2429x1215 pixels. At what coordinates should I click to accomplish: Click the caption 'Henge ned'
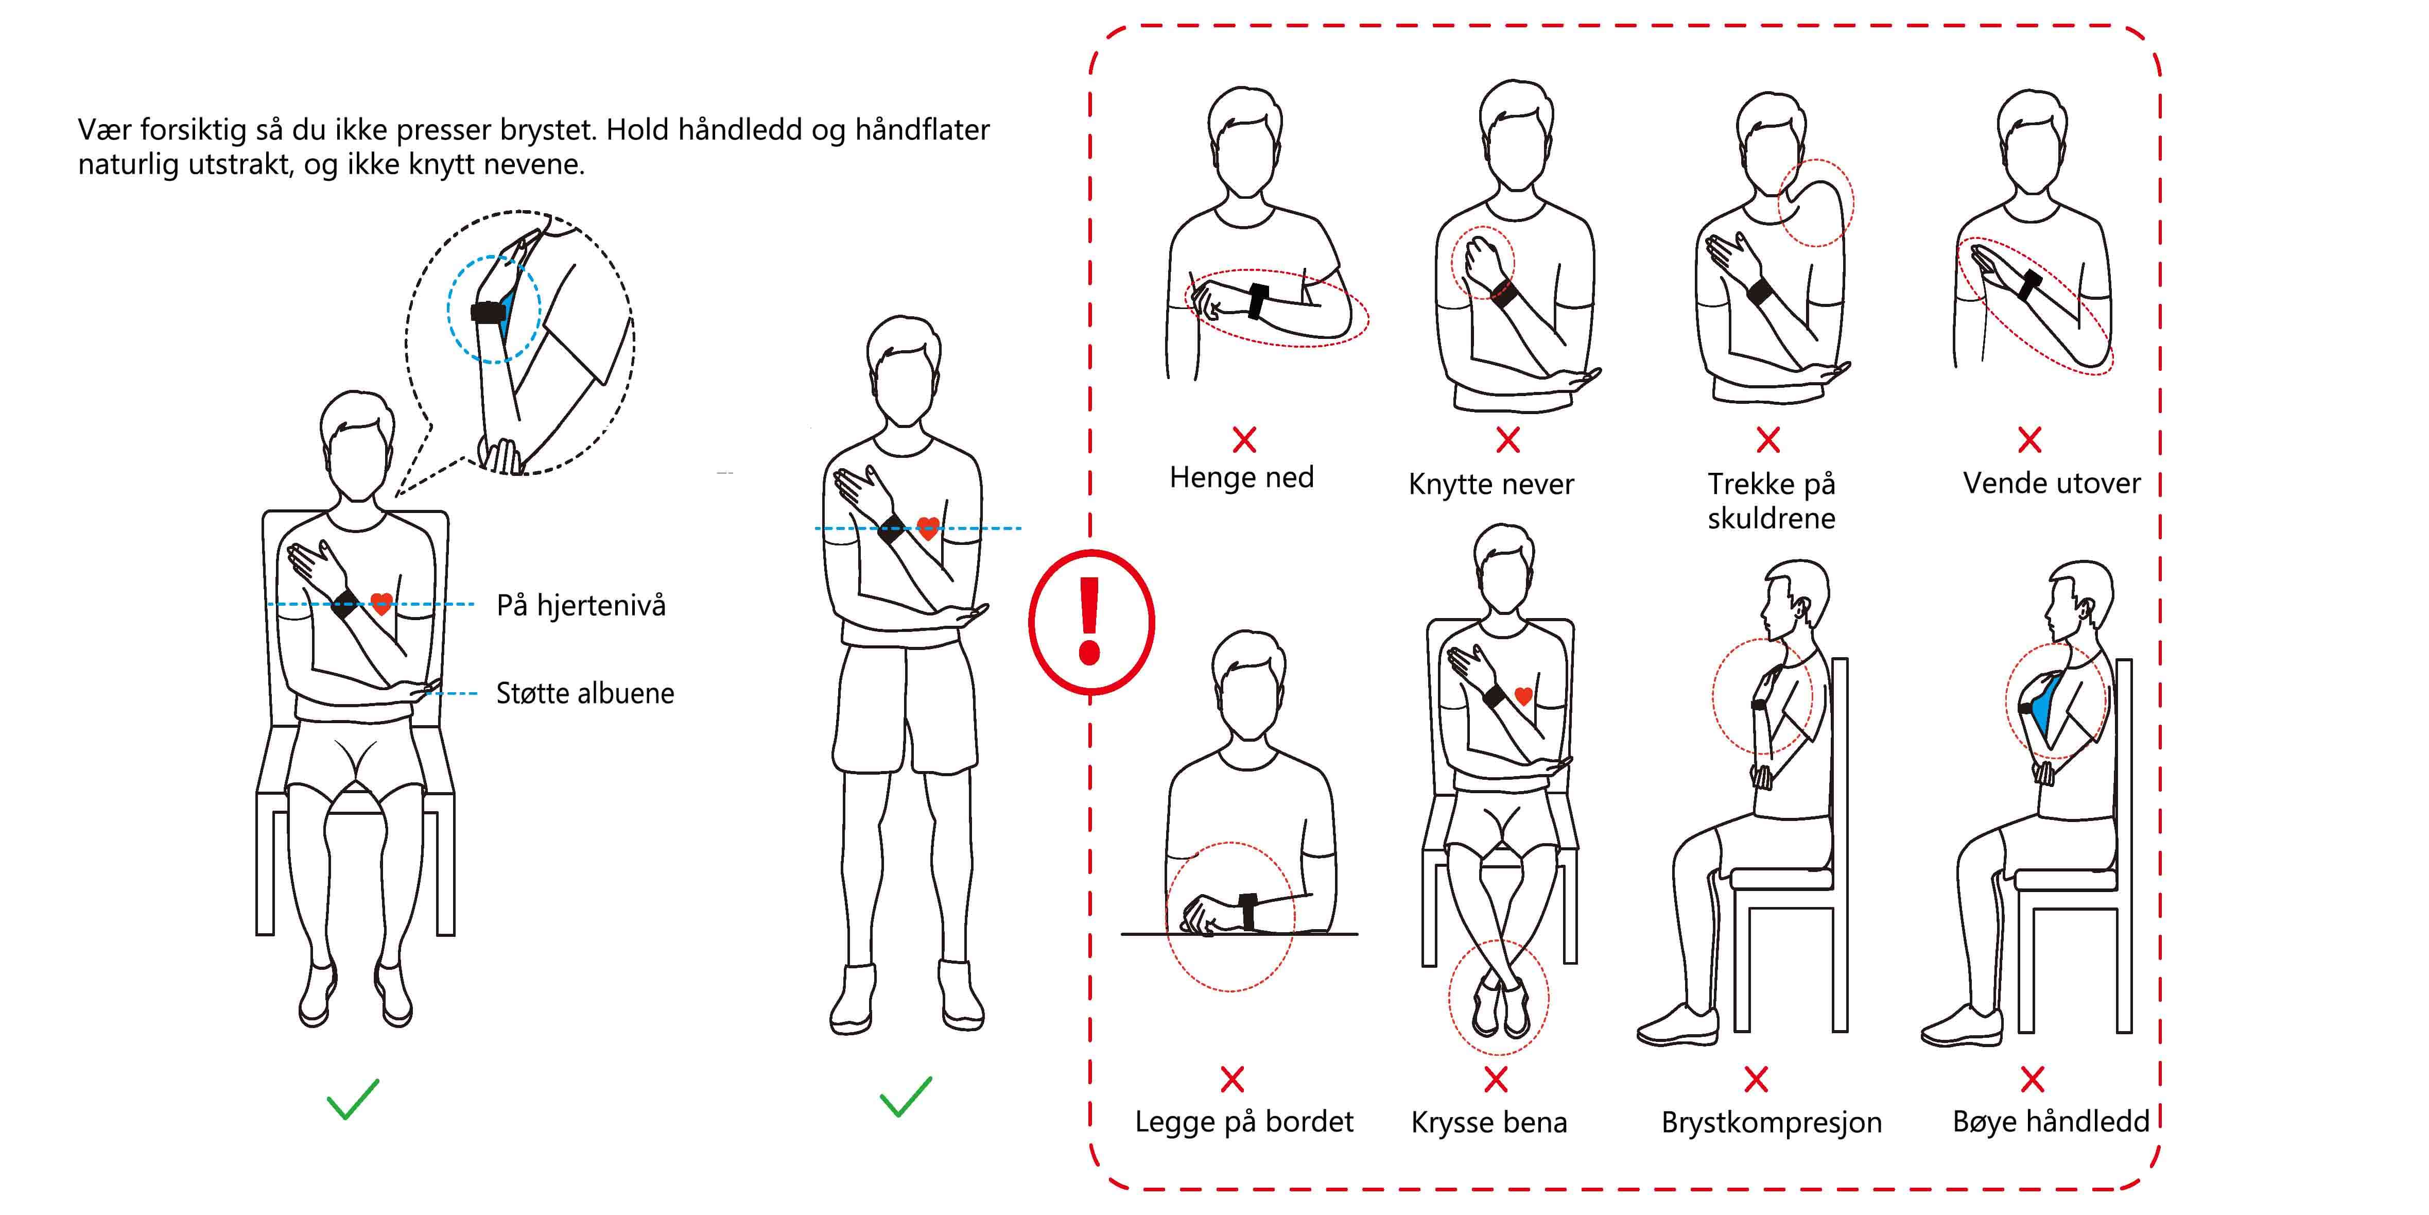pyautogui.click(x=1241, y=477)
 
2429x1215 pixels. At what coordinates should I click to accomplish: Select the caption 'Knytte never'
pyautogui.click(x=1491, y=485)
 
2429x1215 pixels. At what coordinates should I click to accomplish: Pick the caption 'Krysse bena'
pyautogui.click(x=1489, y=1123)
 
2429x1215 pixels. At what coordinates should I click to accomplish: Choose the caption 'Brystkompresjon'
pyautogui.click(x=1771, y=1123)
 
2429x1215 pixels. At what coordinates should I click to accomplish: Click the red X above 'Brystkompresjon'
pyautogui.click(x=1756, y=1079)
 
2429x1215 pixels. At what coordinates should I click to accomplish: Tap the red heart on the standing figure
pyautogui.click(x=928, y=527)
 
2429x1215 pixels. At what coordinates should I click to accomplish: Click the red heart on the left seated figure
pyautogui.click(x=381, y=604)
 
